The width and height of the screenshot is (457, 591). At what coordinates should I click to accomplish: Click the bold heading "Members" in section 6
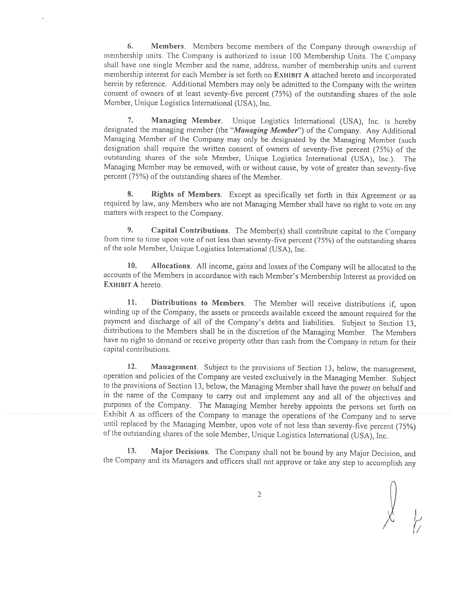coord(167,46)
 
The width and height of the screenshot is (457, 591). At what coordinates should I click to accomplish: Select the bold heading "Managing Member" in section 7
coord(186,120)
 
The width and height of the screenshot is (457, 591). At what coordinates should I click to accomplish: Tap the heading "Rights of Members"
coord(186,194)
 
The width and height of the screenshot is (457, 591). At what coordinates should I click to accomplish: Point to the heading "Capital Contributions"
coord(190,230)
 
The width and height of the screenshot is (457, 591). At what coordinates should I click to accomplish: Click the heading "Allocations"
coord(170,266)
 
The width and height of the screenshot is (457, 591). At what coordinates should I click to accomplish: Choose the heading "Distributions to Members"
coord(197,302)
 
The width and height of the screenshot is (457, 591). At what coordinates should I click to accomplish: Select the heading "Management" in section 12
coord(174,367)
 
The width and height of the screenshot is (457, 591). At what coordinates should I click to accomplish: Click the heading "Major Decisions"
coord(180,451)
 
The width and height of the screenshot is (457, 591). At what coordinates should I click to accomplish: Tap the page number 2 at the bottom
coord(259,495)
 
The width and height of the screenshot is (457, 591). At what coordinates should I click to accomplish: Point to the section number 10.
coord(132,266)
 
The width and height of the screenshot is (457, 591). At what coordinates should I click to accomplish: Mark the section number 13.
coord(132,451)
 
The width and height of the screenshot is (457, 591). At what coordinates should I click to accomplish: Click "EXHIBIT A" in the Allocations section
coord(121,285)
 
